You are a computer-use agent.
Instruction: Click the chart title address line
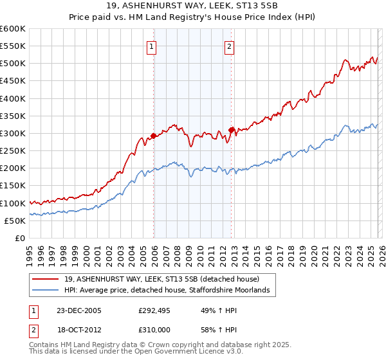[193, 6]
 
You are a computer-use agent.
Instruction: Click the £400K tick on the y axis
[13, 98]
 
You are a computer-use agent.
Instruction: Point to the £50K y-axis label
[15, 221]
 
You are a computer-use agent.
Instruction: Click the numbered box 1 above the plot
[151, 46]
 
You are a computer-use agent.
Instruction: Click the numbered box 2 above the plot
[229, 46]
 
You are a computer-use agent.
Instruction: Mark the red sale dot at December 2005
[154, 136]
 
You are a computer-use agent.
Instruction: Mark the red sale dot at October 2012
[232, 130]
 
